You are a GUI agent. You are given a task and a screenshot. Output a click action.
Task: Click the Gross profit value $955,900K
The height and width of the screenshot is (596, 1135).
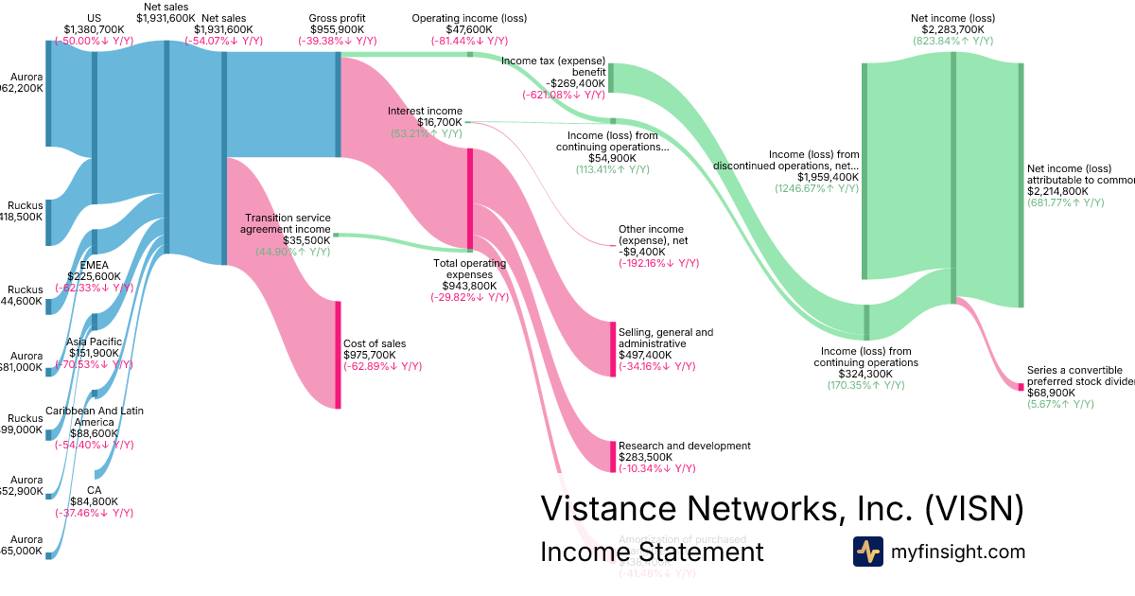pos(337,29)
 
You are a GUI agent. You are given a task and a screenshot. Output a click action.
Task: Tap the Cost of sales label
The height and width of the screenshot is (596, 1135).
pos(374,343)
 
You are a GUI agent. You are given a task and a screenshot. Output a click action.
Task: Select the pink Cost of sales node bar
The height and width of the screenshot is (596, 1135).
pos(338,355)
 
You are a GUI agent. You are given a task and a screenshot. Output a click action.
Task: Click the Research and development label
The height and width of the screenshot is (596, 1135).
pos(684,446)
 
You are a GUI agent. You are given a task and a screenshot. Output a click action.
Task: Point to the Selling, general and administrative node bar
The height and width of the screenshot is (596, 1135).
pos(613,349)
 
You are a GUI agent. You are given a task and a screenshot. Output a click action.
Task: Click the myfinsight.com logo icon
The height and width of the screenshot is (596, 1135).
pos(867,552)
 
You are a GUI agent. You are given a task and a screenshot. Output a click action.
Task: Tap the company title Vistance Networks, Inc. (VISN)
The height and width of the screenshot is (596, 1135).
pos(781,508)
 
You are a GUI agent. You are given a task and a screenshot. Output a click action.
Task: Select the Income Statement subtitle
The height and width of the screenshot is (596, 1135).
pos(651,552)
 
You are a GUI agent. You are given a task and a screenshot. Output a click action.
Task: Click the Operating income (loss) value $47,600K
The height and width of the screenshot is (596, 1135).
pos(470,29)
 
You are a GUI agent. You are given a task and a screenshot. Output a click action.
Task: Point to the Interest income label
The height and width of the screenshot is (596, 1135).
pos(425,112)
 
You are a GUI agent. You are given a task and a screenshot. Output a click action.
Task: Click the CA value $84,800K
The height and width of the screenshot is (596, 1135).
pos(94,501)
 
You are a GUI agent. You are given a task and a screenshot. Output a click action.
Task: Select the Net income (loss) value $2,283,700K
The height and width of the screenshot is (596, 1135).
pos(952,29)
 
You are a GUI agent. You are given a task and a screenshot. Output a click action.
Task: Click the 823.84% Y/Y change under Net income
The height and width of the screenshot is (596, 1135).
pos(952,41)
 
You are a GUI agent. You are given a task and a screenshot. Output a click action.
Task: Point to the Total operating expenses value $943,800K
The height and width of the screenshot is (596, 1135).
pos(469,286)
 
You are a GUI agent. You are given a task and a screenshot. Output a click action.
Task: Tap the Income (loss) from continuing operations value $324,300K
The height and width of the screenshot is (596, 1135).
pos(865,374)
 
